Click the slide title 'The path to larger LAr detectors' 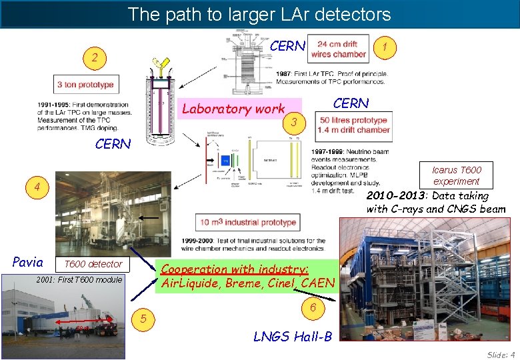click(x=259, y=13)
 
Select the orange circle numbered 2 click(x=95, y=58)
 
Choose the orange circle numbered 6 click(x=312, y=308)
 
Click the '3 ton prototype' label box click(x=85, y=85)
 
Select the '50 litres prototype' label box click(x=353, y=125)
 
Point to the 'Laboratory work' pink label click(x=234, y=109)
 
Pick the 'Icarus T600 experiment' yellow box click(x=456, y=175)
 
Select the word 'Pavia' click(x=28, y=262)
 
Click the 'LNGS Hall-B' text click(x=293, y=336)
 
